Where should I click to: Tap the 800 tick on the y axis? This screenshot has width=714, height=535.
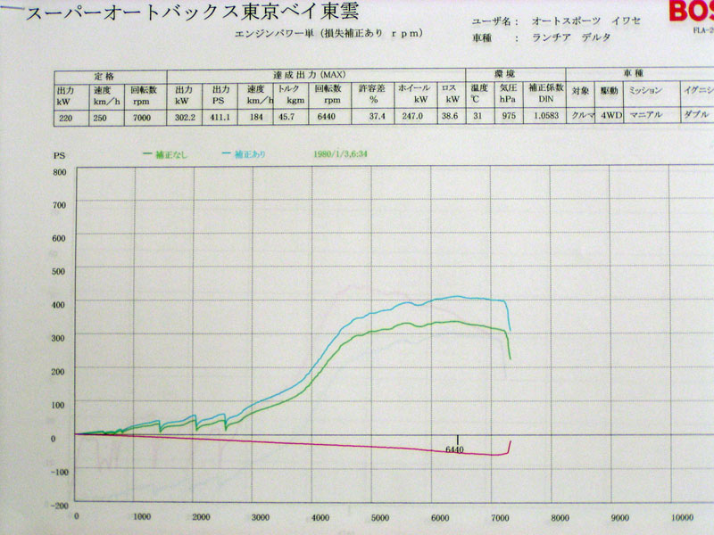click(60, 171)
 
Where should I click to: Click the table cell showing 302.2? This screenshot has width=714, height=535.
click(185, 115)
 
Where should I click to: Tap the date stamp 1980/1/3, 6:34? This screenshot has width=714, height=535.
click(342, 153)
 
